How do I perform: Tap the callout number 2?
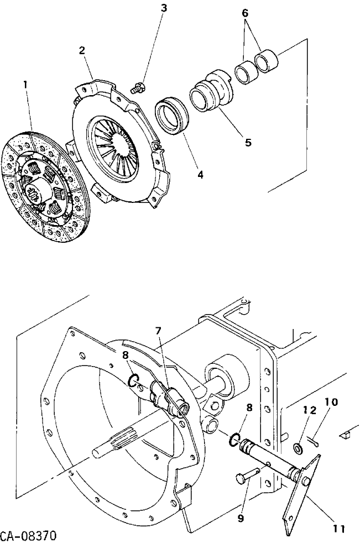(82, 50)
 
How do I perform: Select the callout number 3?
(164, 8)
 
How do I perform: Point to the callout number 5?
(248, 142)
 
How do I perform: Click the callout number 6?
(245, 13)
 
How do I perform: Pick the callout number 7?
(158, 331)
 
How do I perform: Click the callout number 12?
(310, 410)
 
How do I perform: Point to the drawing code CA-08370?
(28, 536)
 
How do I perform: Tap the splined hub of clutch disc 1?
(36, 192)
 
